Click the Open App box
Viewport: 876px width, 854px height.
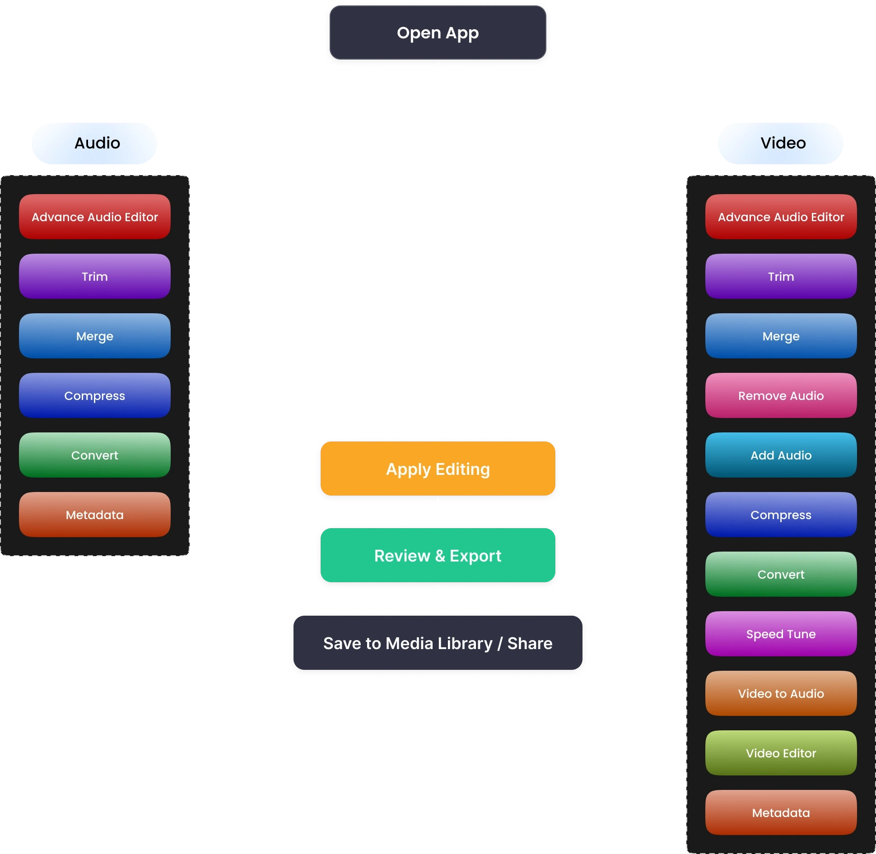tap(438, 32)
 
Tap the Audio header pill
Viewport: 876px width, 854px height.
tap(94, 143)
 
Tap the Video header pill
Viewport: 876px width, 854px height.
tap(781, 143)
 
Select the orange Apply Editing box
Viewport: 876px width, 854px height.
tap(438, 469)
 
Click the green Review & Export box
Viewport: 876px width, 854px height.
tap(438, 555)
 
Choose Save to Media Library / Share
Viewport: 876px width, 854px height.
tap(438, 643)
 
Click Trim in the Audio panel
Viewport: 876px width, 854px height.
tap(95, 276)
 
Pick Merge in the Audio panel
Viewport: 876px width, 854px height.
tap(95, 336)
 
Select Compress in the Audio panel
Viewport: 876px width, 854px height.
tap(95, 395)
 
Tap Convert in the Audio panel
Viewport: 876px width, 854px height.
tap(95, 455)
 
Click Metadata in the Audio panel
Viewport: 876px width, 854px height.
tap(95, 515)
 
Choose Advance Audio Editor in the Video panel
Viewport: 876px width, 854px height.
tap(781, 217)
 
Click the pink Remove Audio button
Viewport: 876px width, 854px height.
tap(781, 395)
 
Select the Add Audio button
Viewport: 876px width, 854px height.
tap(781, 455)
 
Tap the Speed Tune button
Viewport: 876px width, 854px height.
tap(781, 634)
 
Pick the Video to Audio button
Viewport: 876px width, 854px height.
tap(781, 693)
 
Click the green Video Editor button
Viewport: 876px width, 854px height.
tap(781, 753)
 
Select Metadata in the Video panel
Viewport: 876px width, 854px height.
tap(781, 812)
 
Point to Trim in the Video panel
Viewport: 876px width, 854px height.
tap(781, 276)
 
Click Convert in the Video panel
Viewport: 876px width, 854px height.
tap(781, 574)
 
